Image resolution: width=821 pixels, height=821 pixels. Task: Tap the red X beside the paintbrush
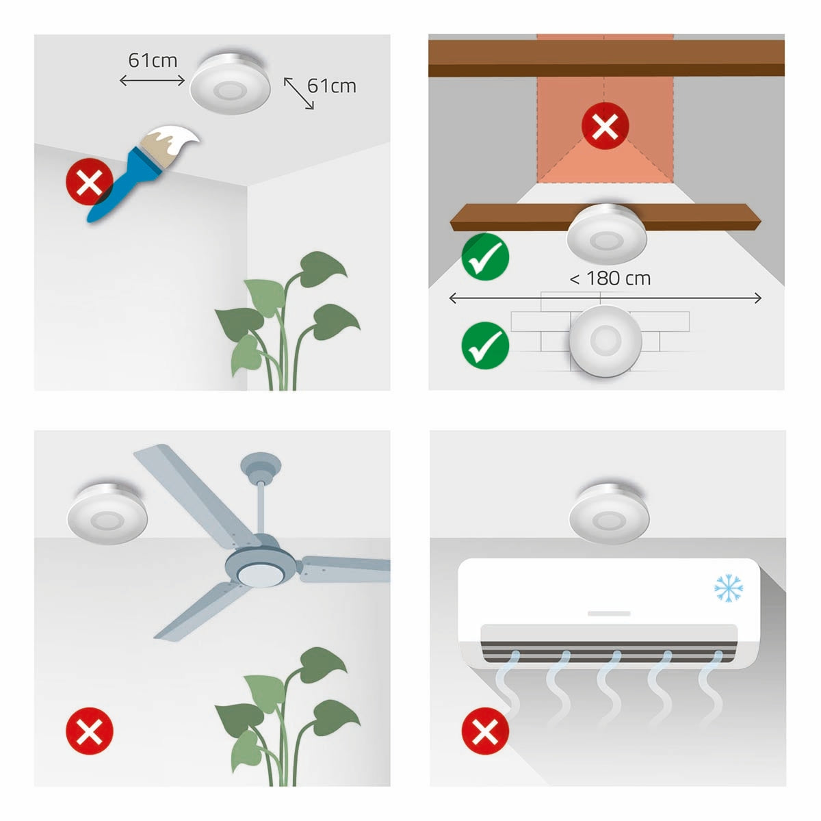tap(89, 183)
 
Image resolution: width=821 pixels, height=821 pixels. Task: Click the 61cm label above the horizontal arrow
tap(153, 60)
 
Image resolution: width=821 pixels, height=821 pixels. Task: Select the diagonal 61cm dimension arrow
tap(299, 93)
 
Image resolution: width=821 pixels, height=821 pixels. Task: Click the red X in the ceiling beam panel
tap(605, 126)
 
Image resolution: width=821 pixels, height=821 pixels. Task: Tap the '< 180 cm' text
tap(610, 278)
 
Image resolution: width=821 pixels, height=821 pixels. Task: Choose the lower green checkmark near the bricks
tap(486, 346)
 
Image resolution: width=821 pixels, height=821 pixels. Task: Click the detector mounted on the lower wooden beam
tap(606, 233)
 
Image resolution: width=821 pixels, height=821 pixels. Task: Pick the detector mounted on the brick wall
tap(605, 340)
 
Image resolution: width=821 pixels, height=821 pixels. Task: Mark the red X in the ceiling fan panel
tap(89, 731)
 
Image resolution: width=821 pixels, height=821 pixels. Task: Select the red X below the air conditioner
tap(486, 731)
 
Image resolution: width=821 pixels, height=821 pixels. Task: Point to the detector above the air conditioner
tap(609, 513)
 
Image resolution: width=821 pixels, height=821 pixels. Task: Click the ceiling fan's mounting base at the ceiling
tap(260, 465)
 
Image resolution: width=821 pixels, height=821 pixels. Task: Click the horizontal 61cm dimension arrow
tap(152, 81)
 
